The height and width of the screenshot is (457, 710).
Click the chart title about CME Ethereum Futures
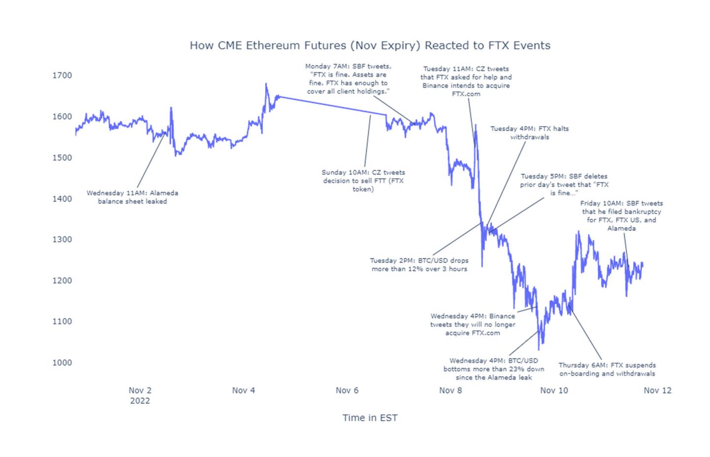coord(370,46)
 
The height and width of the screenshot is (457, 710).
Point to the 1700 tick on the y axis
coord(62,75)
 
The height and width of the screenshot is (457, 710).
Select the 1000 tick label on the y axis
coord(62,362)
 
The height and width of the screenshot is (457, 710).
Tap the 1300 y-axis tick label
coord(62,239)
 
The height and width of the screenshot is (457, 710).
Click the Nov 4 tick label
coord(243,390)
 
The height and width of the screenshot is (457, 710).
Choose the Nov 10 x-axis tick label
coord(554,390)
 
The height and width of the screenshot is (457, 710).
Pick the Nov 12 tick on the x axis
coord(657,390)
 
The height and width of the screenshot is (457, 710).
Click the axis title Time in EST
coord(370,418)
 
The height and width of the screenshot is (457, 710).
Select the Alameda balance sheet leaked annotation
coord(132,197)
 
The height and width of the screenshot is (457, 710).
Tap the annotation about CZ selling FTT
coord(363,181)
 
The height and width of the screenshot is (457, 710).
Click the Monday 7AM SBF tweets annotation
coord(348,79)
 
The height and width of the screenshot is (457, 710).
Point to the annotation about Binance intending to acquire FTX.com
coord(466,81)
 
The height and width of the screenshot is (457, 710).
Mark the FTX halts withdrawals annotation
coord(529,132)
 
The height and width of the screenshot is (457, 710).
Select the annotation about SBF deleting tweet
coord(564,185)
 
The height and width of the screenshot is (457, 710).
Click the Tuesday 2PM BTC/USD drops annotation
coord(419,264)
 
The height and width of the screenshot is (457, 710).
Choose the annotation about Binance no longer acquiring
coord(473,325)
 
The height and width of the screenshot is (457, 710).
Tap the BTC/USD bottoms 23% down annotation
coord(493,369)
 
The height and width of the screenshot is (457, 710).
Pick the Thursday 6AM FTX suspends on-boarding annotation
coord(607,369)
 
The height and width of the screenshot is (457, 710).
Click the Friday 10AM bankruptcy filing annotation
coord(621,216)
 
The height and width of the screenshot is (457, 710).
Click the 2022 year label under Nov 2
coord(140,400)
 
